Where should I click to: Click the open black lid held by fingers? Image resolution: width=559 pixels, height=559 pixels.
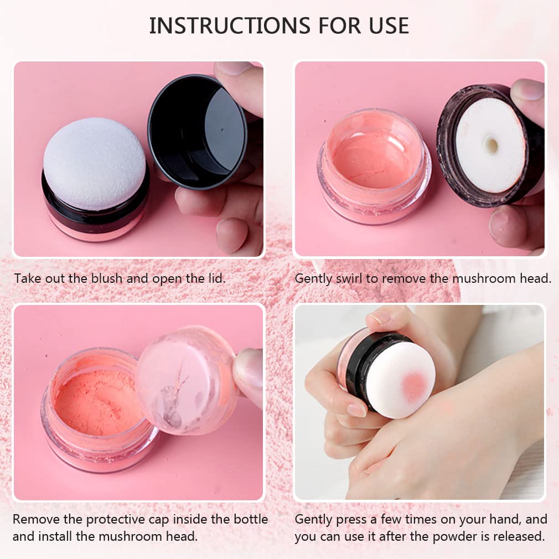point(197,131)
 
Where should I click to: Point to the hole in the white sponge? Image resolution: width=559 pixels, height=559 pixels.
point(491,145)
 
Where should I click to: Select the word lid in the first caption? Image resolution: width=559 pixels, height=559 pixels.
point(212,278)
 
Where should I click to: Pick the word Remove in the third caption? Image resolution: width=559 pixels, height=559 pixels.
point(35,519)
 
